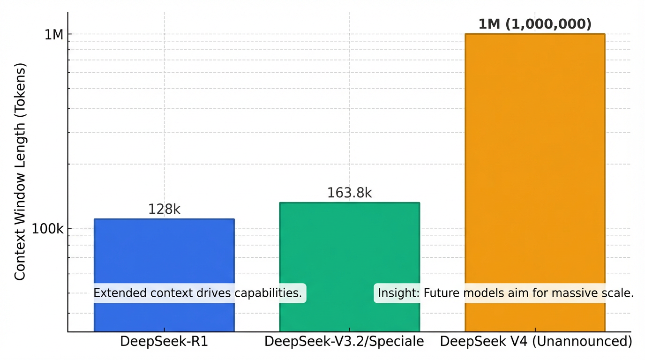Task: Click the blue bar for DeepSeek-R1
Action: [164, 253]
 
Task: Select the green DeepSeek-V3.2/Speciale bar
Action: [349, 244]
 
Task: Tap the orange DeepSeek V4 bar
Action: [535, 164]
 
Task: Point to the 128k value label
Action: [164, 210]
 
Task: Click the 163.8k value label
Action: [349, 193]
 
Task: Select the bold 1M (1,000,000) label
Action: [535, 24]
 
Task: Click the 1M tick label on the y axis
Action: [53, 35]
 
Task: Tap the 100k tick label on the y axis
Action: [47, 229]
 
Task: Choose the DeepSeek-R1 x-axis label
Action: [164, 341]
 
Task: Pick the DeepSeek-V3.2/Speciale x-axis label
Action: [344, 341]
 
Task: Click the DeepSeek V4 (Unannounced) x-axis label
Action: [536, 341]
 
